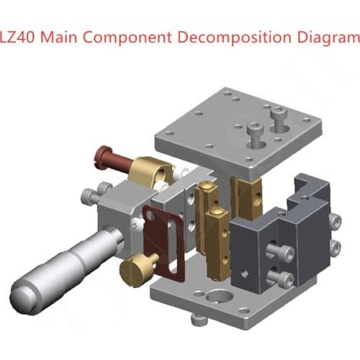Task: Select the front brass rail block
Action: point(215,241)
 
